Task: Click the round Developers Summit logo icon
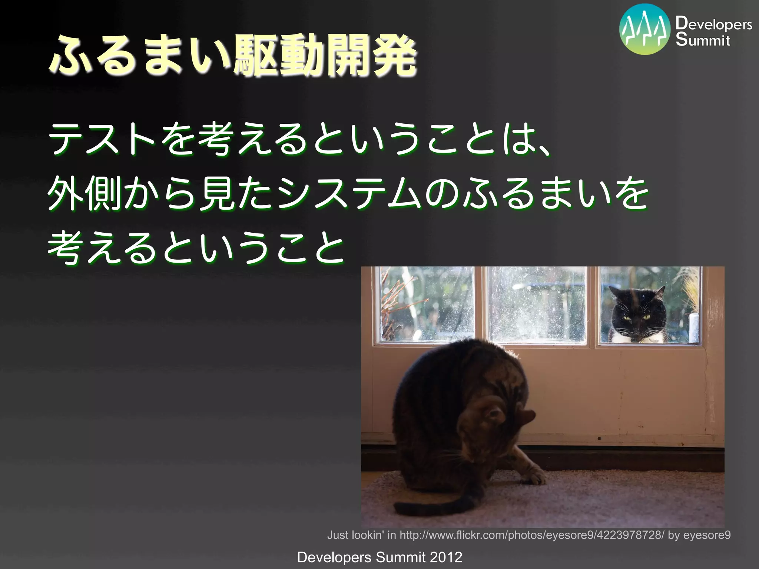pyautogui.click(x=645, y=29)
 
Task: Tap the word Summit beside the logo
pyautogui.click(x=703, y=40)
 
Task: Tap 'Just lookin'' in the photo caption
pyautogui.click(x=356, y=535)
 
